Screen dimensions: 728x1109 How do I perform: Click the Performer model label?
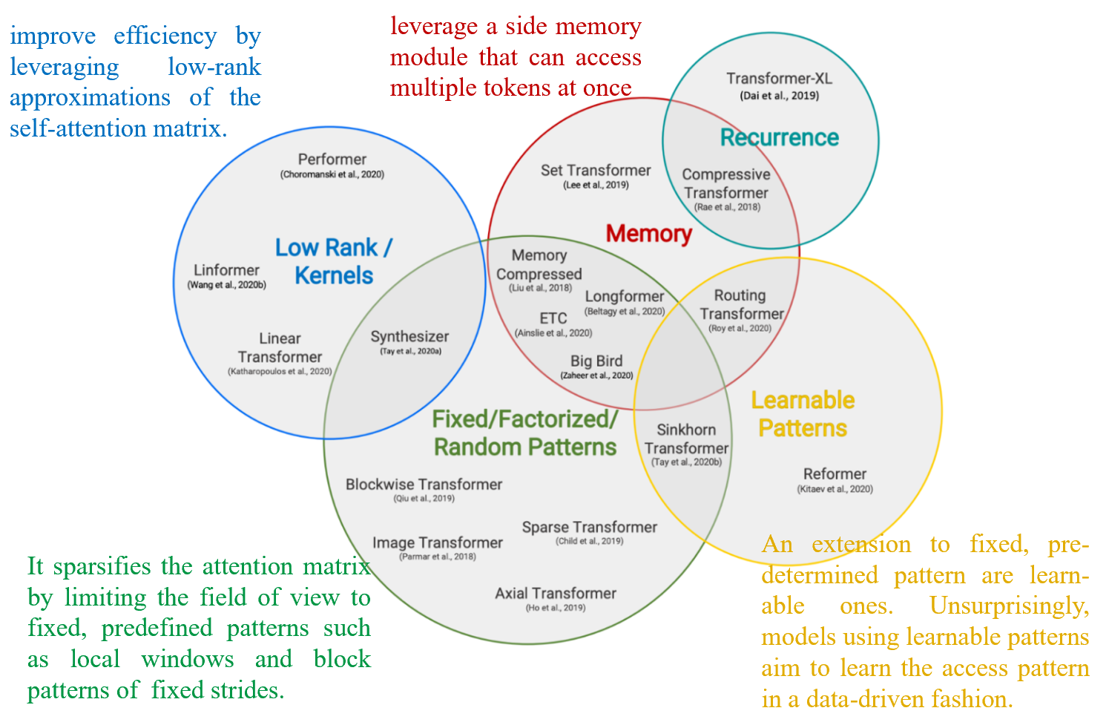click(332, 160)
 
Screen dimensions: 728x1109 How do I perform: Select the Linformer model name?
click(226, 270)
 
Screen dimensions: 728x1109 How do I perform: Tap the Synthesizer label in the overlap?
click(409, 337)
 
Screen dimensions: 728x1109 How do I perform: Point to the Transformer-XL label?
click(779, 79)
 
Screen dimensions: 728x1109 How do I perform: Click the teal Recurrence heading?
click(779, 137)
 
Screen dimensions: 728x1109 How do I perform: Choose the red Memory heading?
click(648, 234)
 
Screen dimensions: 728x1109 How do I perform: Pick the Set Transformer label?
click(595, 171)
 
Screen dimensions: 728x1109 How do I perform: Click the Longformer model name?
click(624, 297)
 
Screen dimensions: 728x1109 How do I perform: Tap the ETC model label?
click(553, 318)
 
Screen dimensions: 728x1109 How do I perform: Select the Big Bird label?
click(596, 361)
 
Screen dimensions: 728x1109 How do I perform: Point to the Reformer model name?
click(835, 474)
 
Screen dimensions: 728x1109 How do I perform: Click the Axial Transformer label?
click(555, 594)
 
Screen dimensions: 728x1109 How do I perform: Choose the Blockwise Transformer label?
click(424, 485)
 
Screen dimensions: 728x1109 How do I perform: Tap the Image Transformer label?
click(437, 543)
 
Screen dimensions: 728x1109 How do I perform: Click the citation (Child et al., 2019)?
click(589, 541)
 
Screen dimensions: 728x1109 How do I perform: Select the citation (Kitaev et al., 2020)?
click(835, 489)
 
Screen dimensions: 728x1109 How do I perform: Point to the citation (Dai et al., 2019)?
click(779, 95)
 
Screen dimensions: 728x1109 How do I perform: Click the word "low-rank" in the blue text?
click(214, 67)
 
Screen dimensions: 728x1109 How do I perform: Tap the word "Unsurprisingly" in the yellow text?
click(1009, 606)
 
